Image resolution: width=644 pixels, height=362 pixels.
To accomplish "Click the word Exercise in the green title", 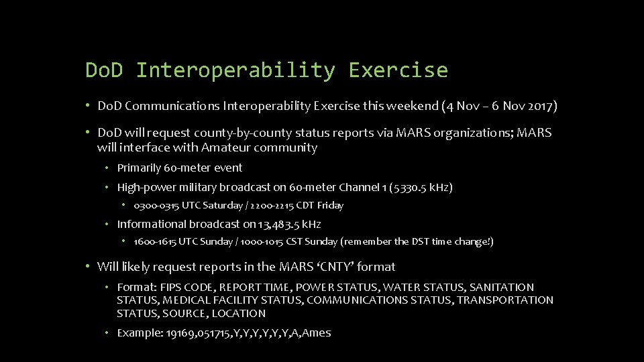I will coord(398,70).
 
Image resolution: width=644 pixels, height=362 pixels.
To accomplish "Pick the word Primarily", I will coord(140,168).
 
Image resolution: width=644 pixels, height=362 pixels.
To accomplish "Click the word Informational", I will coord(151,225).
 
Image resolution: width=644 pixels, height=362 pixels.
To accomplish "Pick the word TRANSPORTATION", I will coord(506,300).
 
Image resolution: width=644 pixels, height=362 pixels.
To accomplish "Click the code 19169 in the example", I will coord(178,333).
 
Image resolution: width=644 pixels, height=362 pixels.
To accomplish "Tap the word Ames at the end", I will coord(317,333).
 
